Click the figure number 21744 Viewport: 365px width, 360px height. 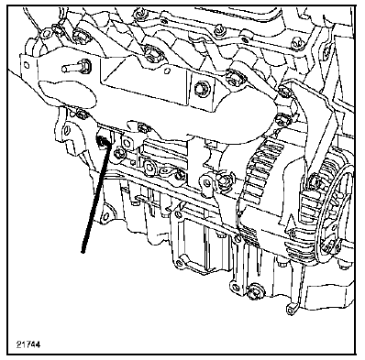click(x=28, y=344)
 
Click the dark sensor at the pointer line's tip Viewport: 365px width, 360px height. click(x=103, y=141)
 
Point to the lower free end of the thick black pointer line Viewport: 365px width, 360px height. click(x=83, y=252)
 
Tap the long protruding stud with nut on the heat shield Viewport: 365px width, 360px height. click(x=75, y=67)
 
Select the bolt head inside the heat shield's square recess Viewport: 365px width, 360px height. click(x=201, y=87)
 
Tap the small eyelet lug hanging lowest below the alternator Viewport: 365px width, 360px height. click(x=291, y=310)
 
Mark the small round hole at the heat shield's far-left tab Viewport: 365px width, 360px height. click(x=26, y=65)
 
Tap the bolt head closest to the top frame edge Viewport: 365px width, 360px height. click(x=139, y=14)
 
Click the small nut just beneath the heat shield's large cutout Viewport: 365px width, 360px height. click(x=80, y=115)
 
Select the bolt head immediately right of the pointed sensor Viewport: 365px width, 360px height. click(x=118, y=153)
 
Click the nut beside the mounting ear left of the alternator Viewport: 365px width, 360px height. click(x=223, y=180)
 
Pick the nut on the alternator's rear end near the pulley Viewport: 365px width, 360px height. click(x=315, y=182)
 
